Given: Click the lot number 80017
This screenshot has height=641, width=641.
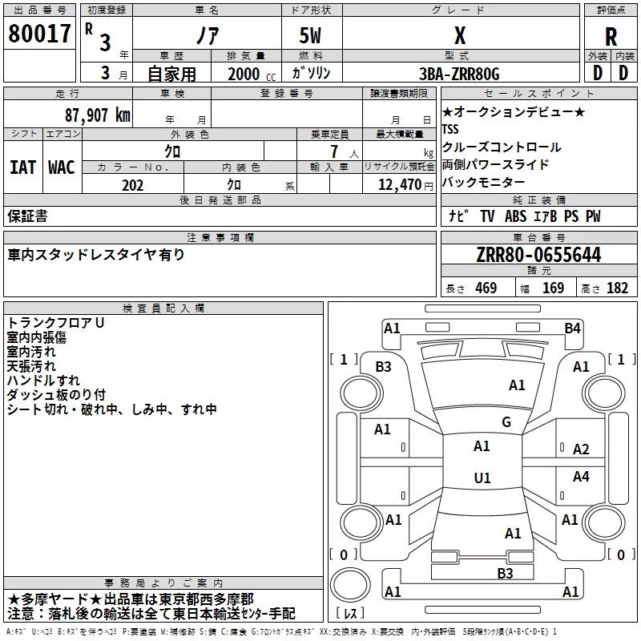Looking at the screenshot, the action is tap(39, 34).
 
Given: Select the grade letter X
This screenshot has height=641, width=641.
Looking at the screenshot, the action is tap(459, 36).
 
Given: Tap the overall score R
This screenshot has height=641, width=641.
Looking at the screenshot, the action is tap(611, 36).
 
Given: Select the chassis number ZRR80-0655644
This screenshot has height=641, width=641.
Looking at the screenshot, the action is tap(538, 255).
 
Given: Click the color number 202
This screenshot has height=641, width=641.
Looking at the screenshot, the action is tap(132, 185).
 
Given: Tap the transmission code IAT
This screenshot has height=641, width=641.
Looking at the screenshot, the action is tap(22, 167).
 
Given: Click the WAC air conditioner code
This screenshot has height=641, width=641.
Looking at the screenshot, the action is tap(62, 167).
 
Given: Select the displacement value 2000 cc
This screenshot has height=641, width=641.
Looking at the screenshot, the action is tap(245, 74).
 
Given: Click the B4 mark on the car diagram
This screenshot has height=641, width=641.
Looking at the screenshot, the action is tap(572, 328).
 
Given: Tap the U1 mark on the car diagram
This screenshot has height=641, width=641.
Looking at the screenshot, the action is tap(482, 478).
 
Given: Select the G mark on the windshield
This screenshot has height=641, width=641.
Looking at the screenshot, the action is tap(506, 422).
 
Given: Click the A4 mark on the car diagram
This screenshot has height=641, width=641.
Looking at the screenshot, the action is tap(581, 477).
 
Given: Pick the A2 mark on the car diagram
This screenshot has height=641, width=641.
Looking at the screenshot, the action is tap(581, 450).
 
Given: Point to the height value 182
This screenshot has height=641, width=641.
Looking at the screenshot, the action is tap(617, 288).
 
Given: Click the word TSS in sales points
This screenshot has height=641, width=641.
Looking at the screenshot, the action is tap(451, 130).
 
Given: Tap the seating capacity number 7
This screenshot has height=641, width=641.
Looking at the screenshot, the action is tap(333, 151).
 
